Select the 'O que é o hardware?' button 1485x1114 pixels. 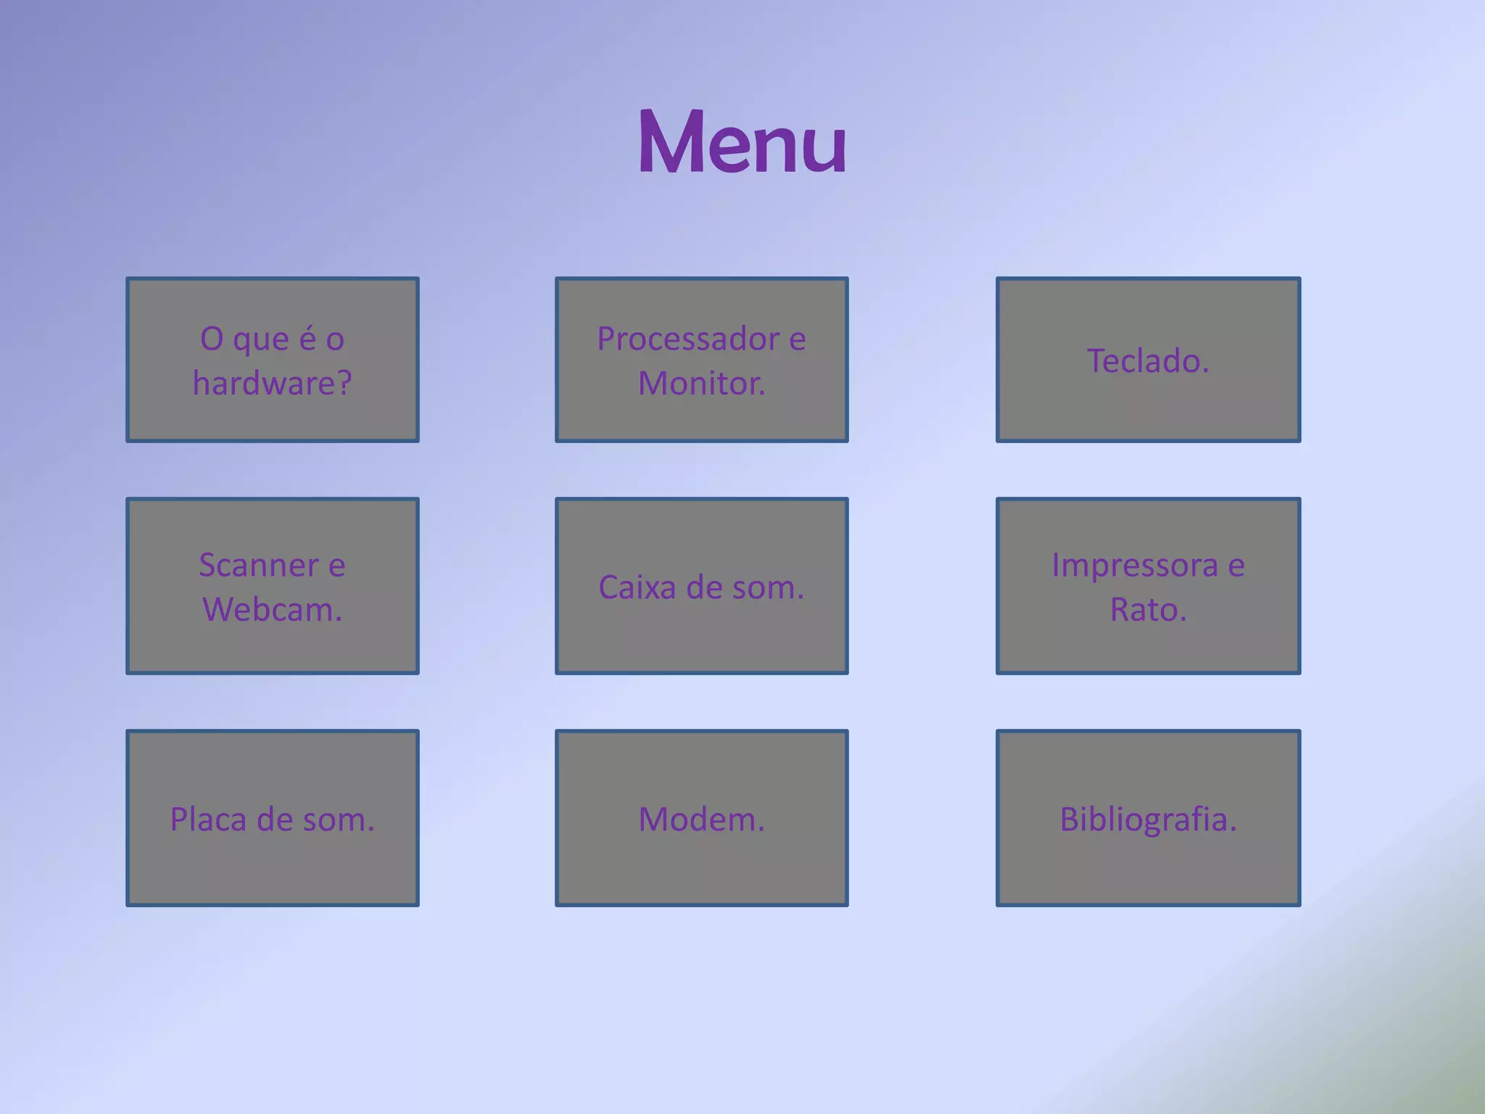273,360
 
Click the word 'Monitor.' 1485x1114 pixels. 701,383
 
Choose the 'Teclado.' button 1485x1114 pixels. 1148,360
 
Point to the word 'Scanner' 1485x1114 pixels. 259,565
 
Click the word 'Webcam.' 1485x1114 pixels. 272,609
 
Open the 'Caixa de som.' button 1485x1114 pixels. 701,586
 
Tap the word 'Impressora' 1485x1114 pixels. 1135,565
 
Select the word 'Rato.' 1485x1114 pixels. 1148,609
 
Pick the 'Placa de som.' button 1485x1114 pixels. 273,818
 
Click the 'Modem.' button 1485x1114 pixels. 701,818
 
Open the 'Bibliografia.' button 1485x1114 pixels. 1148,818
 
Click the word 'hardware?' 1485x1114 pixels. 272,383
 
